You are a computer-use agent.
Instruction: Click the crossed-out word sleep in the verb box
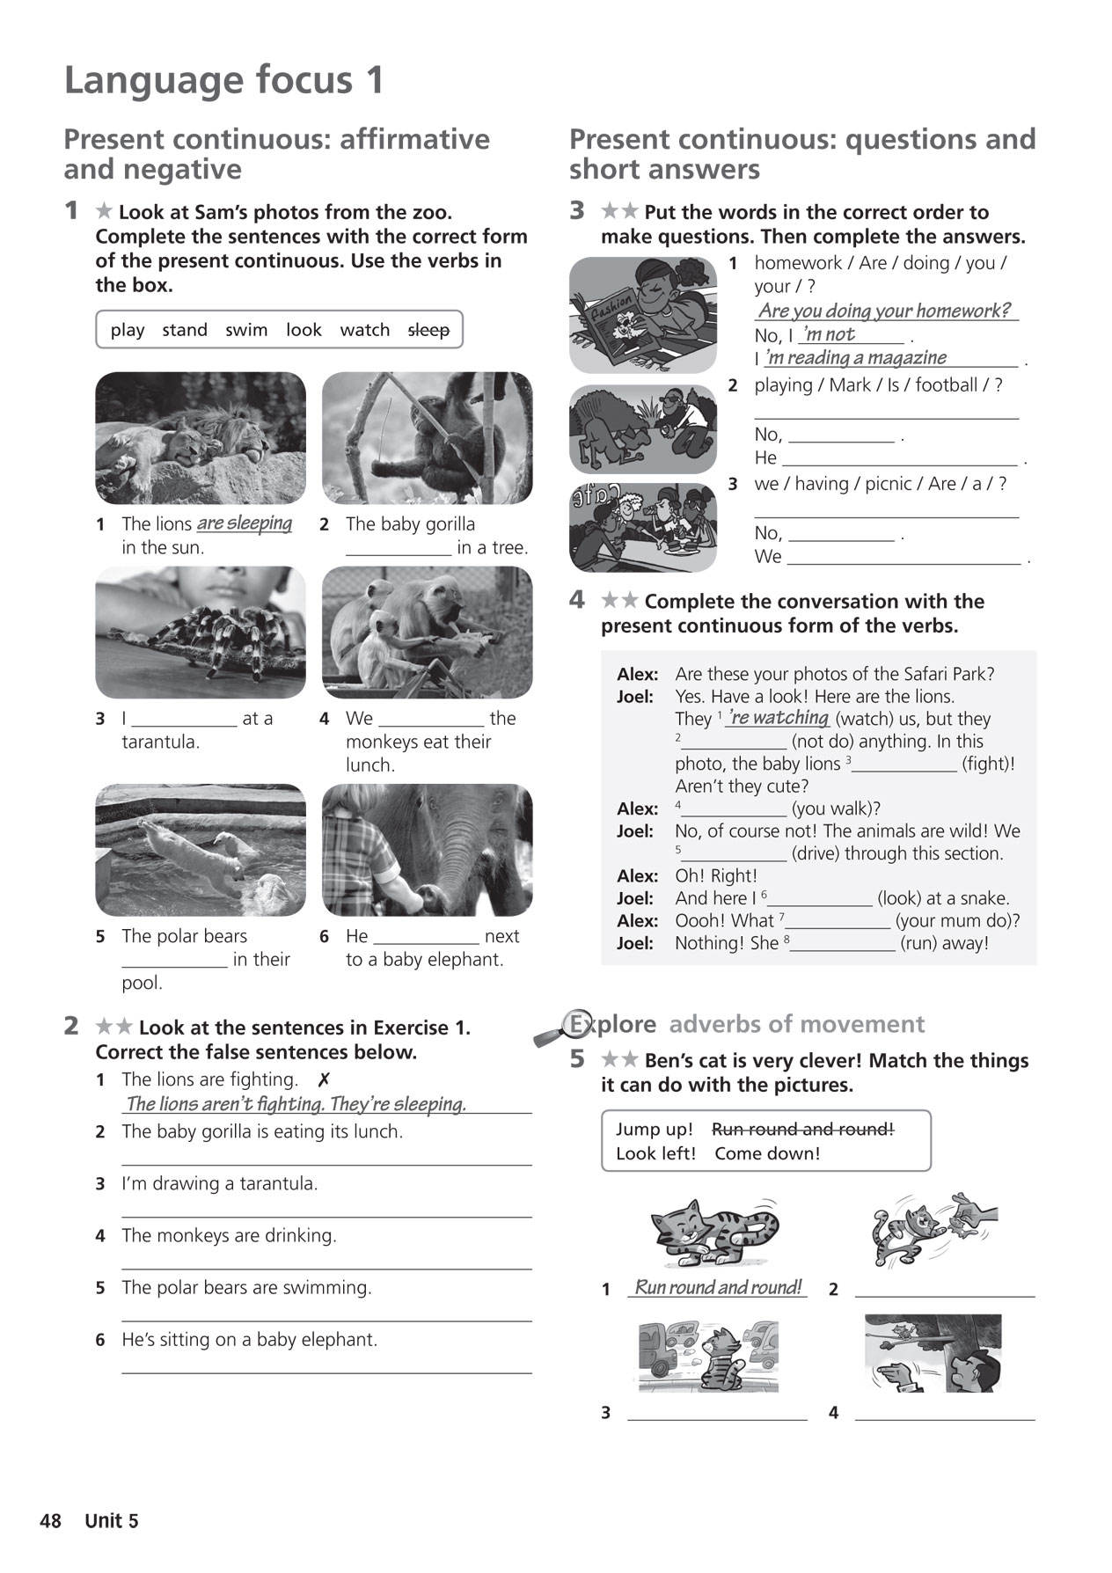tap(428, 330)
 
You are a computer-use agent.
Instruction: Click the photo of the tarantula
tap(201, 633)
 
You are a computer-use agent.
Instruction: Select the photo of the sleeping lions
tap(201, 437)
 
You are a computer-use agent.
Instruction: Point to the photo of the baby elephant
tap(428, 850)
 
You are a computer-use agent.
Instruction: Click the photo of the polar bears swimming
tap(201, 850)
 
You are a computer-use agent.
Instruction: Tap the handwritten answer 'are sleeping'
tap(245, 523)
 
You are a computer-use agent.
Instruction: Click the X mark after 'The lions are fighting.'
tap(324, 1079)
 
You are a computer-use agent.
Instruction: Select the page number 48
tap(51, 1521)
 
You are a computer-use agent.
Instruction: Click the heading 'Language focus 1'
tap(224, 80)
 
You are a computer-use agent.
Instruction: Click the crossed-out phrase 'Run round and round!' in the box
tap(802, 1129)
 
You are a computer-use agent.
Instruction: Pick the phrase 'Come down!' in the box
tap(767, 1153)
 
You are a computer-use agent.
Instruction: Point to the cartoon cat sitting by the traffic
tap(707, 1356)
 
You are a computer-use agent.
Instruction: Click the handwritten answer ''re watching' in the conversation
tap(779, 717)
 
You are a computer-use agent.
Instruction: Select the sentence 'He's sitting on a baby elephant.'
tap(250, 1340)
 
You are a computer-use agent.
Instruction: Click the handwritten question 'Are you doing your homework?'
tap(884, 311)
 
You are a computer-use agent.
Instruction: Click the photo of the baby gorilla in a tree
tap(428, 437)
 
